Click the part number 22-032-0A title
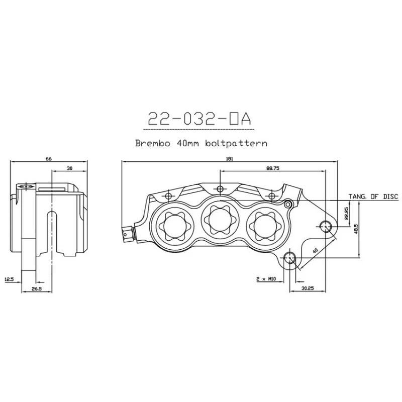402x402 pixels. pyautogui.click(x=199, y=119)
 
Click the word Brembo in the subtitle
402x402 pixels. pyautogui.click(x=153, y=143)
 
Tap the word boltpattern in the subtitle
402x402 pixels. pyautogui.click(x=236, y=143)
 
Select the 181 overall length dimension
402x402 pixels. pyautogui.click(x=230, y=159)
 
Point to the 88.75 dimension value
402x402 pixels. pyautogui.click(x=273, y=168)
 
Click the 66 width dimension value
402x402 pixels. pyautogui.click(x=48, y=159)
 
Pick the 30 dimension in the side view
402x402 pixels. pyautogui.click(x=69, y=168)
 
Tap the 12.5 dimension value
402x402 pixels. pyautogui.click(x=9, y=279)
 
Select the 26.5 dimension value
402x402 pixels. pyautogui.click(x=37, y=288)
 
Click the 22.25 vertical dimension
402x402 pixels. pyautogui.click(x=346, y=213)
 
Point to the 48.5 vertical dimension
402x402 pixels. pyautogui.click(x=356, y=229)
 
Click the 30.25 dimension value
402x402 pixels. pyautogui.click(x=308, y=288)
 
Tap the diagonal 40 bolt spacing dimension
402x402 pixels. pyautogui.click(x=316, y=250)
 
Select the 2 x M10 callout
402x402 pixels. pyautogui.click(x=266, y=279)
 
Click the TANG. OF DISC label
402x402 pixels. pyautogui.click(x=373, y=196)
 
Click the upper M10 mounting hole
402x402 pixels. pyautogui.click(x=325, y=226)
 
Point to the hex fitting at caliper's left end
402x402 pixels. pyautogui.click(x=128, y=234)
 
